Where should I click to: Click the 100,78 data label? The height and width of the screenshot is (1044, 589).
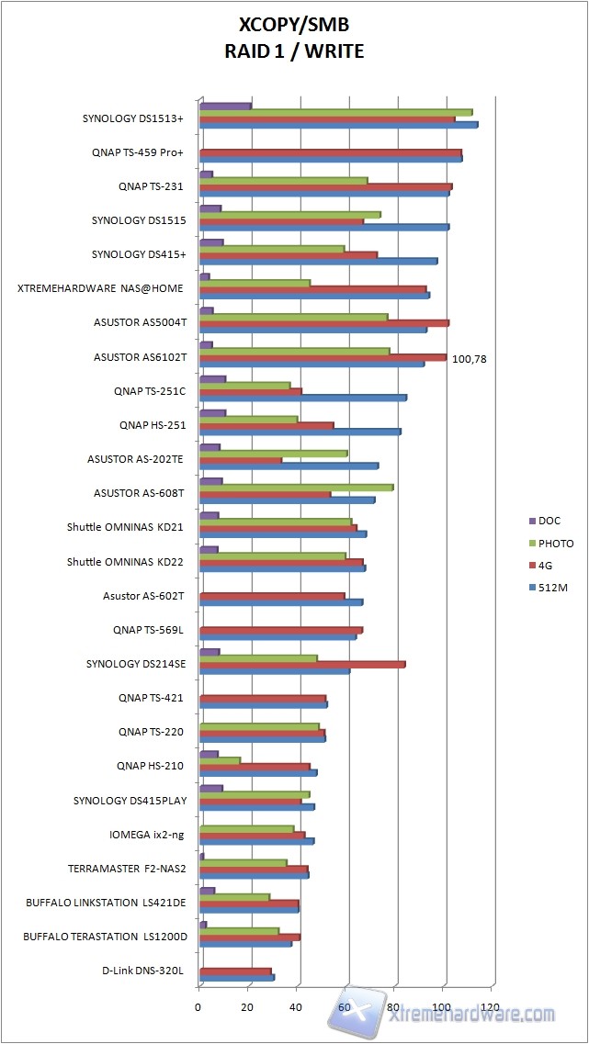469,359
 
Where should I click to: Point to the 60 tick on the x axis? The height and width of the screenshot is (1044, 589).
345,1007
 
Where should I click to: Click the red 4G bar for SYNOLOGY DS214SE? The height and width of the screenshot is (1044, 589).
302,665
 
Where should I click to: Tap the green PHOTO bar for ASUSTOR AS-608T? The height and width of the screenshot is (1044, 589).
296,488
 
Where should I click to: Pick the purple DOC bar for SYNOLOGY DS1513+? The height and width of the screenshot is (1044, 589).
225,107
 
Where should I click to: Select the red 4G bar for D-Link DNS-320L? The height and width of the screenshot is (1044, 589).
235,971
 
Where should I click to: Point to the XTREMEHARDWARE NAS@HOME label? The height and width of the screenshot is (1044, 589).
100,288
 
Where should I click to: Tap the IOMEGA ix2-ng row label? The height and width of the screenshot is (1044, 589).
147,835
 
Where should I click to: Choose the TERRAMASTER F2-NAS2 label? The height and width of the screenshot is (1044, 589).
127,868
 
